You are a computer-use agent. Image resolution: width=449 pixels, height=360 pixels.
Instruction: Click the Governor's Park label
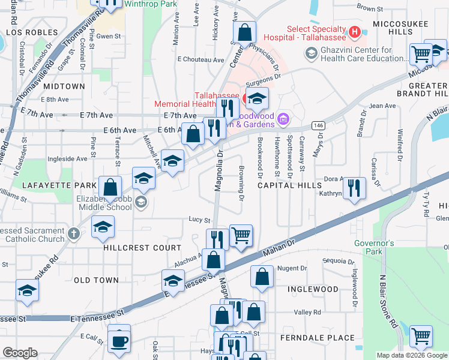pos(373,247)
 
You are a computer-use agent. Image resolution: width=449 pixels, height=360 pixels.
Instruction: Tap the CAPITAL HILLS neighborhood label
pos(290,186)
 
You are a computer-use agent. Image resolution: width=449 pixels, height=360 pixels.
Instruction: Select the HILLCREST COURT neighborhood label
pos(142,248)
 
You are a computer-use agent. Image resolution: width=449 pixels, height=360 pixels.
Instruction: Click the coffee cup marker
pos(119,340)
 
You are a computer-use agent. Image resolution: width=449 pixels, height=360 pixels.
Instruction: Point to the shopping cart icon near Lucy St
pos(241,235)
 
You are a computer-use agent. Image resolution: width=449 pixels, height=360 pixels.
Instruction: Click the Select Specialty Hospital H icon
pos(355,31)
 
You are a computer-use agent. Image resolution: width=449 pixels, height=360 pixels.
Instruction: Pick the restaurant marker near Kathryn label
pos(354,187)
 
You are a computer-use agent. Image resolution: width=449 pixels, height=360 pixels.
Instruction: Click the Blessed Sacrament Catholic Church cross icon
pos(74,234)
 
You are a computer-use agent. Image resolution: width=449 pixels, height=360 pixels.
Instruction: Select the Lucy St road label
pos(200,220)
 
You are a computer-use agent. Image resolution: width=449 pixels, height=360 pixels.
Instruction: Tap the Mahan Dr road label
pos(280,244)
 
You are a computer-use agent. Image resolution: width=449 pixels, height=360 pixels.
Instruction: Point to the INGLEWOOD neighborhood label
pos(313,289)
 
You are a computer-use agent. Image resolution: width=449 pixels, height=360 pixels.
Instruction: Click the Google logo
pos(20,352)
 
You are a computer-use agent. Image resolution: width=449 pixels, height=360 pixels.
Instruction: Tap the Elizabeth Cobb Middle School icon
pos(141,202)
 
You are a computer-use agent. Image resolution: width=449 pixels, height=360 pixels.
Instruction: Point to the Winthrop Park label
pos(142,4)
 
